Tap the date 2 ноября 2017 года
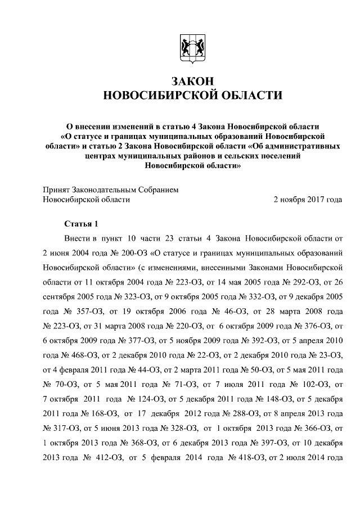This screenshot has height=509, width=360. point(307,199)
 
